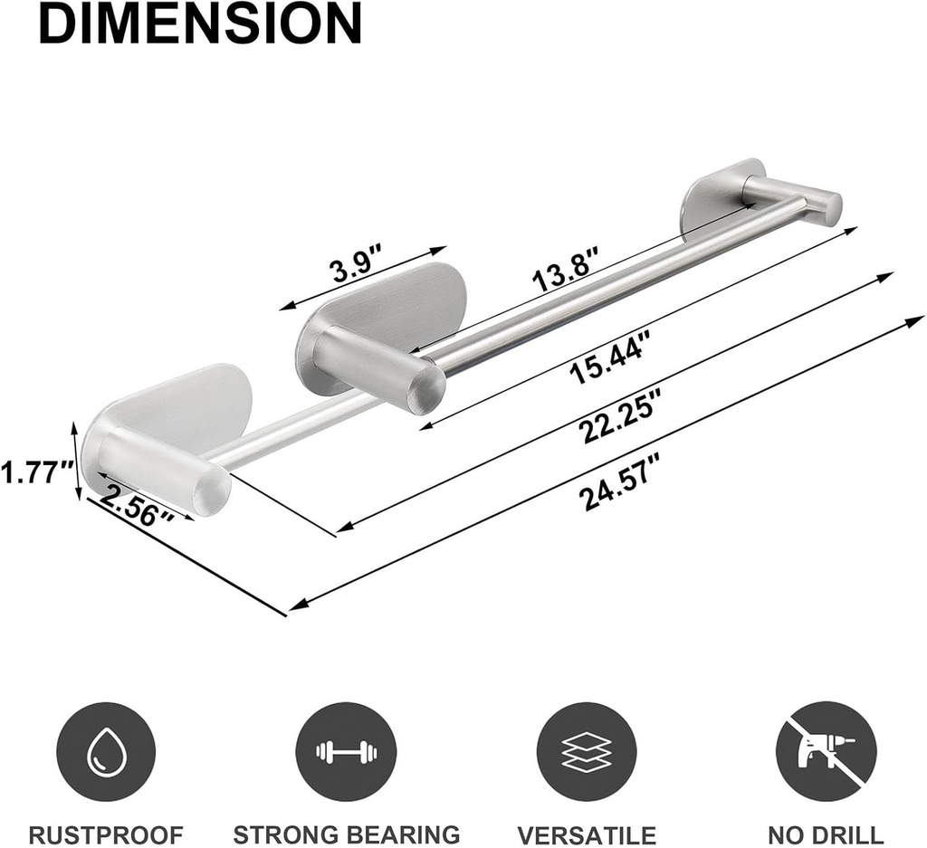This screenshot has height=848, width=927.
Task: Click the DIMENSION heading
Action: (x=200, y=24)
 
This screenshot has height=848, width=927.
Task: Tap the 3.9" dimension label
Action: (x=351, y=270)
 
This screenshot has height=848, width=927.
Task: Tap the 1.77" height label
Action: (x=36, y=472)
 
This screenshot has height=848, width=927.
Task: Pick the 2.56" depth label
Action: (x=136, y=508)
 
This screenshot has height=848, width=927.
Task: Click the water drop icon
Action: (x=106, y=751)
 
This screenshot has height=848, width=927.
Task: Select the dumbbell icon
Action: (x=346, y=751)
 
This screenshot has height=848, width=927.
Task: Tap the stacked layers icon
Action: (x=586, y=751)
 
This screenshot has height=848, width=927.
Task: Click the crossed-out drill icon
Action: (x=826, y=751)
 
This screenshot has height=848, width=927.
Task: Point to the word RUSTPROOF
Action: (x=106, y=834)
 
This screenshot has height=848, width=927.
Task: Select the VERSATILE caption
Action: (x=587, y=834)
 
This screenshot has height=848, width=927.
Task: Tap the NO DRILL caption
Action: (x=826, y=834)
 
